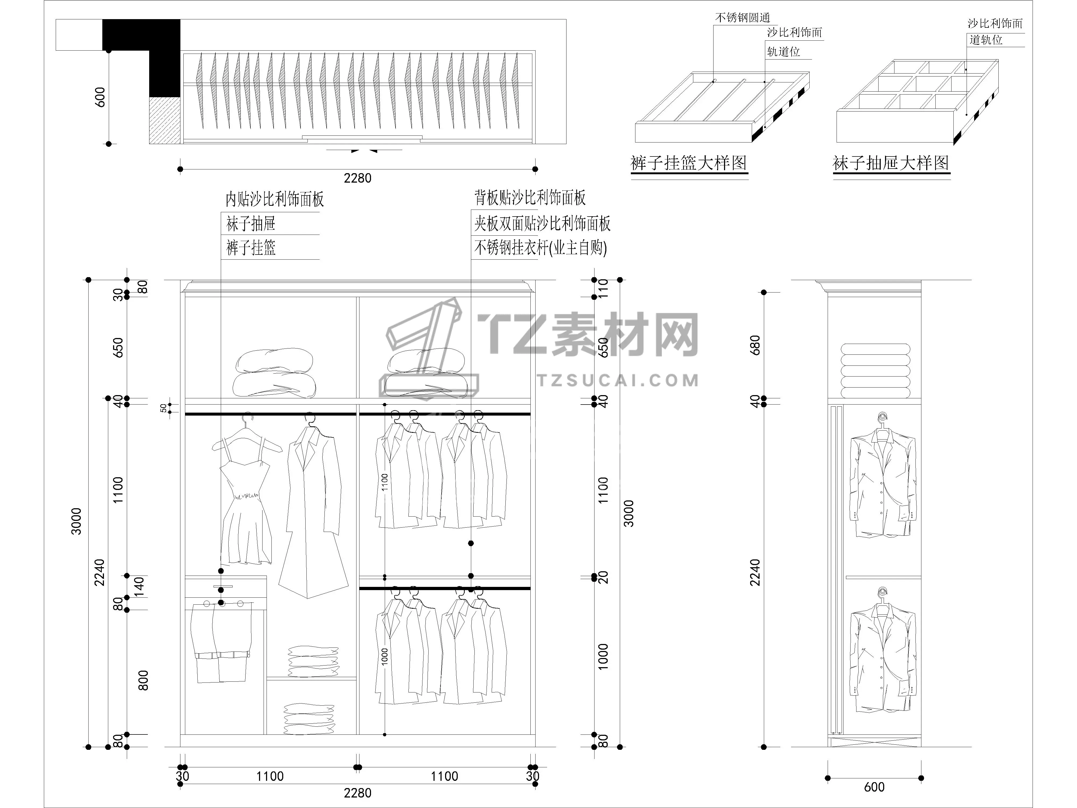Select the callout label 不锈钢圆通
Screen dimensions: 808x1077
[x=743, y=18]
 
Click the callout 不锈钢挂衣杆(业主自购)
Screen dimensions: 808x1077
[x=540, y=248]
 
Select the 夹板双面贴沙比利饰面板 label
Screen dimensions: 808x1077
[x=542, y=224]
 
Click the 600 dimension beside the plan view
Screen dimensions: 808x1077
[x=100, y=97]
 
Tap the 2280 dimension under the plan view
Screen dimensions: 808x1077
[x=357, y=178]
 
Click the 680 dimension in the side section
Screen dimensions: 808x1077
[x=755, y=345]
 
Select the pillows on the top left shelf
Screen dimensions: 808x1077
[x=274, y=372]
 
